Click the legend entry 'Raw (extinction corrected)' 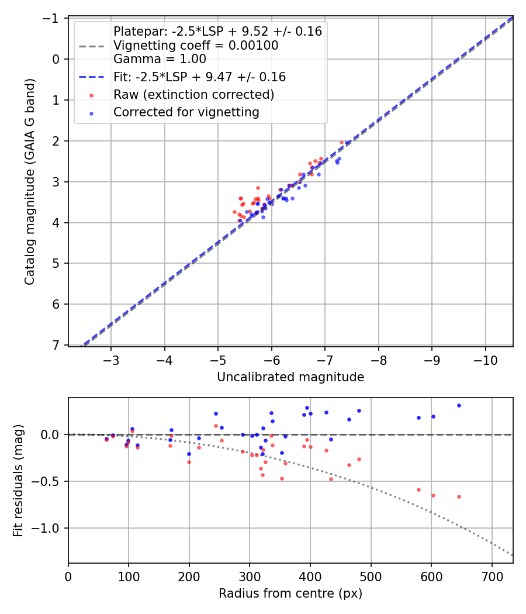point(193,94)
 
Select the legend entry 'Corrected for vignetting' point(186,112)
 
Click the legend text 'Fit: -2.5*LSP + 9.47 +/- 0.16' point(199,77)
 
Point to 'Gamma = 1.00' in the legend point(160,58)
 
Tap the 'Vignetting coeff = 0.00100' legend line point(196,45)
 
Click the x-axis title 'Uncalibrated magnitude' point(290,377)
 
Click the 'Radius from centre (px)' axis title point(290,594)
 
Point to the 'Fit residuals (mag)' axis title point(18,481)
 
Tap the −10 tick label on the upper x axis point(486,360)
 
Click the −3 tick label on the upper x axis point(111,360)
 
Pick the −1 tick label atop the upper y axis point(53,18)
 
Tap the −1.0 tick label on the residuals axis point(49,528)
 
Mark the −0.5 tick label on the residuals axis point(49,481)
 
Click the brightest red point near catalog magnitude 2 point(342,142)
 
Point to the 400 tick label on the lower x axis point(310,576)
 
